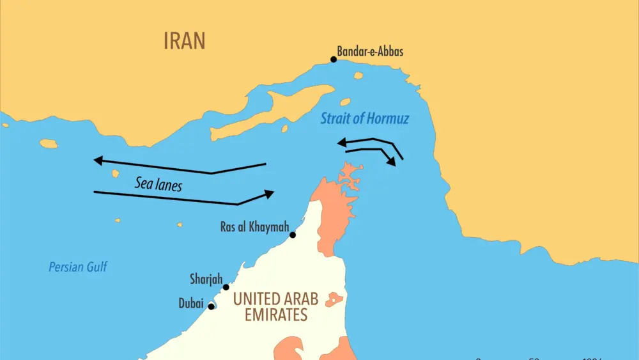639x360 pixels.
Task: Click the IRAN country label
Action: tap(185, 41)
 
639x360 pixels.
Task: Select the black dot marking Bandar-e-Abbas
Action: tap(334, 59)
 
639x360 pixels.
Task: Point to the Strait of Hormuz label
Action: tap(364, 118)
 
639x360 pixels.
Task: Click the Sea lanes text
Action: tap(158, 184)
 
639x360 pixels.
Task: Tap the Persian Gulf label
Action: tap(78, 267)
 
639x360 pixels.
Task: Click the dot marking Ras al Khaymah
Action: tap(293, 235)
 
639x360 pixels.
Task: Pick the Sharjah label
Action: tap(206, 279)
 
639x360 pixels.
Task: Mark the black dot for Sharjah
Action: tap(226, 287)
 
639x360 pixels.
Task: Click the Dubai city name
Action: tap(191, 304)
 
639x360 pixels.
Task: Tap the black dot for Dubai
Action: tap(212, 306)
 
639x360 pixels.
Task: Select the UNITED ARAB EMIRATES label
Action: tap(275, 306)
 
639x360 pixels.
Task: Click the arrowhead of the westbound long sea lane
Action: tap(98, 160)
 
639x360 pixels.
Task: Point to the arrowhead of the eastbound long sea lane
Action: tap(269, 193)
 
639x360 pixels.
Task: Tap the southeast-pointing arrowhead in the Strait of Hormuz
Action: tap(392, 162)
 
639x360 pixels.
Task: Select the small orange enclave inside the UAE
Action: tap(335, 299)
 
